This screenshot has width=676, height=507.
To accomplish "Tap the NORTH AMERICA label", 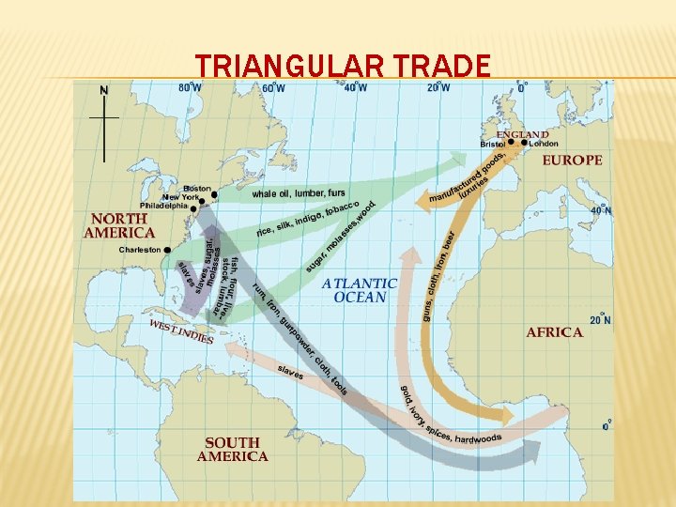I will pos(119,224).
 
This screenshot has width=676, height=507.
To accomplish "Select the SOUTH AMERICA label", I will pos(232,449).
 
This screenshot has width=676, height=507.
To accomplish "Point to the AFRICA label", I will pos(554,332).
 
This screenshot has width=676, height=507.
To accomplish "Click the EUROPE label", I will pos(572,161).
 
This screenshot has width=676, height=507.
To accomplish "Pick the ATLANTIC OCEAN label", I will pos(360,290).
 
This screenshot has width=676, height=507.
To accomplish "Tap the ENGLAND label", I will pos(522,134).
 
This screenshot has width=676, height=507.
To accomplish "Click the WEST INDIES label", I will pos(181,331).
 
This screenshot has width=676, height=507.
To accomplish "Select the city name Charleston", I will pos(140,250).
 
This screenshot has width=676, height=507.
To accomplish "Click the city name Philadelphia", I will pos(163,206).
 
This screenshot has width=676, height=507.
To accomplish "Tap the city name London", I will pos(543,144).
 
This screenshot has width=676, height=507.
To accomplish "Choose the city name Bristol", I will pos(493,144).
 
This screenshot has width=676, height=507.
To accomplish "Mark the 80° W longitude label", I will pos(190,88).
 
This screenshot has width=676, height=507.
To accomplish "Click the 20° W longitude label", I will pos(438,88).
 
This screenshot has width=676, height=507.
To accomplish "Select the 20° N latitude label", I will pos(600,320).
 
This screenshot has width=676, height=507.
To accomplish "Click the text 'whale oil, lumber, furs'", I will pos(298,193).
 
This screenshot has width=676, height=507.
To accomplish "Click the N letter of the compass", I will pos(104,90).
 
